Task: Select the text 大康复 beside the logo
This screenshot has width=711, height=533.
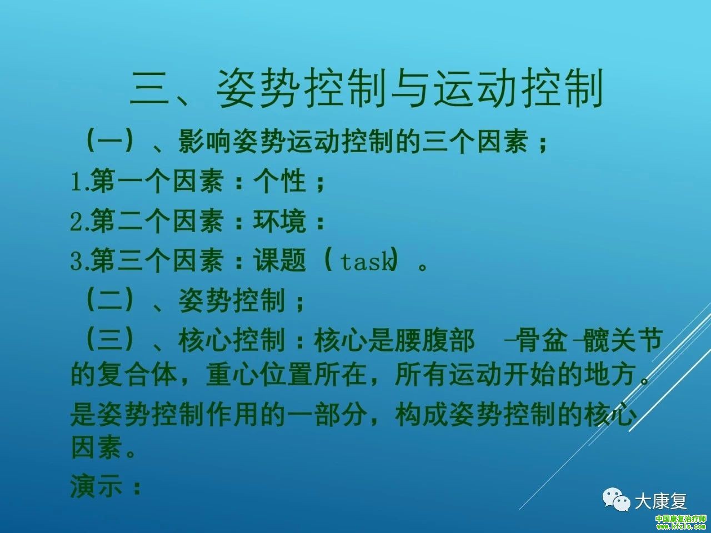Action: click(661, 501)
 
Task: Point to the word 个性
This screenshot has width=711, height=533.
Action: click(279, 180)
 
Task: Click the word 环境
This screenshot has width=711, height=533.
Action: click(279, 221)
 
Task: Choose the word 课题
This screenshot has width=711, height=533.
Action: click(279, 260)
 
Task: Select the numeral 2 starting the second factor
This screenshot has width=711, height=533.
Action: click(76, 222)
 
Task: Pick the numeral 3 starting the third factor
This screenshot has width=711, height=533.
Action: click(76, 262)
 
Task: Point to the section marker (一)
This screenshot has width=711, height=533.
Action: click(109, 142)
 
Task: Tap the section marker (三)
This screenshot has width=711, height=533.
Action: click(109, 339)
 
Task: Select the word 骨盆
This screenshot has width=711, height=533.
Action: click(542, 339)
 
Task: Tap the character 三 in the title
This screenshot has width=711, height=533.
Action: click(149, 88)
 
